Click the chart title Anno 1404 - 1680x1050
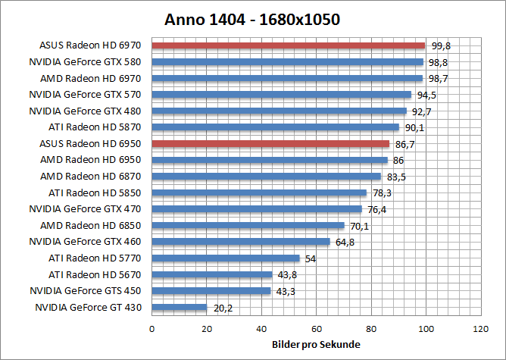click(252, 20)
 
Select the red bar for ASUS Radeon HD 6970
click(289, 45)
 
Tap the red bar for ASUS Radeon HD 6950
click(270, 143)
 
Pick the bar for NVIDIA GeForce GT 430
click(180, 307)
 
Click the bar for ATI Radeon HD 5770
click(226, 258)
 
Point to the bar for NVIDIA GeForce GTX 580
click(287, 62)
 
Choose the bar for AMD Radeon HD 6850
click(248, 225)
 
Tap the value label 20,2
click(221, 308)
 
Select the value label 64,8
click(344, 243)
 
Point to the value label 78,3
click(380, 193)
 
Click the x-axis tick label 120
click(479, 329)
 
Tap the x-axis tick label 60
click(316, 329)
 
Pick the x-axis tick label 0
click(152, 329)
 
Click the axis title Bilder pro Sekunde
click(316, 345)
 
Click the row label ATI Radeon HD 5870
click(96, 127)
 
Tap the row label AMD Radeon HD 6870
click(94, 177)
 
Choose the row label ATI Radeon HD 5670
click(96, 274)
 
